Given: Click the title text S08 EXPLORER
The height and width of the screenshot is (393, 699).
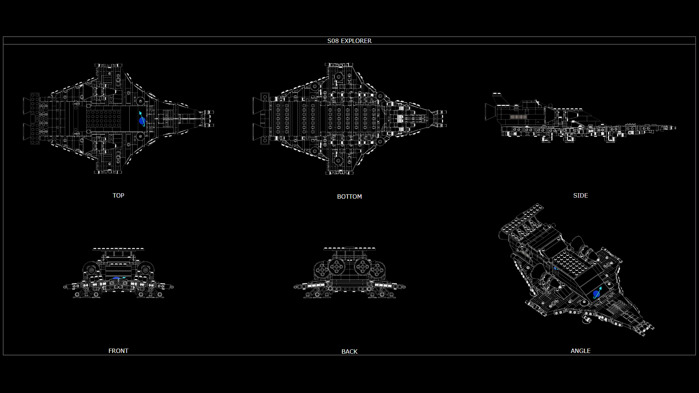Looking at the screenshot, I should [349, 41].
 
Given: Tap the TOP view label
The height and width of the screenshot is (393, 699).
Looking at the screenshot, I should [118, 195].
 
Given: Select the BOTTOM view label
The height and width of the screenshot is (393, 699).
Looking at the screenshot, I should [349, 196].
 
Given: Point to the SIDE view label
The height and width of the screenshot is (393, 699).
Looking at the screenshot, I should [580, 195].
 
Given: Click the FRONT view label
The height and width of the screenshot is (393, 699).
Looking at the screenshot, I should [118, 351].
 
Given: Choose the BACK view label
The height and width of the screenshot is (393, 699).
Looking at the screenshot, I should [349, 352].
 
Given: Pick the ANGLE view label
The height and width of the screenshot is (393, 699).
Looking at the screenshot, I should [580, 351].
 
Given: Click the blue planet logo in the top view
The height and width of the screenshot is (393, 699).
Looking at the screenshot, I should [142, 120].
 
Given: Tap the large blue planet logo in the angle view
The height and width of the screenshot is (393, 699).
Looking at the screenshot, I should [597, 293].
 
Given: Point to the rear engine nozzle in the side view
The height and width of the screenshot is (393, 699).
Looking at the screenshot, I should [489, 112].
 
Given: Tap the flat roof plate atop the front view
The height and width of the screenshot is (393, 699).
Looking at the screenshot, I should [118, 249].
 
